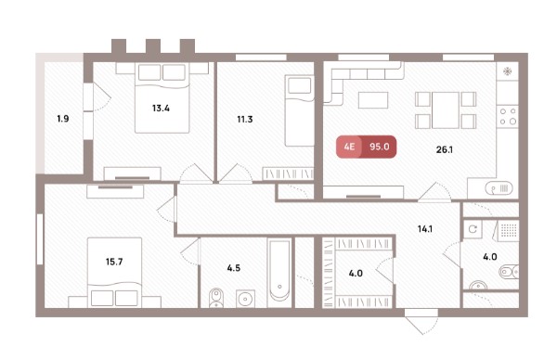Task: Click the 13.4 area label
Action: pyautogui.click(x=161, y=108)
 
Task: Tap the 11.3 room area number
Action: pyautogui.click(x=245, y=120)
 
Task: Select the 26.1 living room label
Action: pyautogui.click(x=445, y=149)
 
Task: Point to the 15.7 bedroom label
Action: pyautogui.click(x=114, y=262)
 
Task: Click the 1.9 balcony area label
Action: pyautogui.click(x=63, y=119)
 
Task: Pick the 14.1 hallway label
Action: pyautogui.click(x=425, y=229)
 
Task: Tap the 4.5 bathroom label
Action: pyautogui.click(x=234, y=268)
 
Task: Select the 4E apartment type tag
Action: pyautogui.click(x=349, y=147)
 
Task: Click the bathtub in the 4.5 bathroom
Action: pyautogui.click(x=279, y=271)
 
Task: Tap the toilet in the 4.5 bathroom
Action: pyautogui.click(x=215, y=298)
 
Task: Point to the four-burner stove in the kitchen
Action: pyautogui.click(x=508, y=117)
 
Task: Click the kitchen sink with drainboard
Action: pyautogui.click(x=499, y=188)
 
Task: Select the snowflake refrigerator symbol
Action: pyautogui.click(x=508, y=71)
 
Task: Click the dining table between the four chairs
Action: pyautogui.click(x=446, y=110)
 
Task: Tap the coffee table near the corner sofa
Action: pyautogui.click(x=373, y=100)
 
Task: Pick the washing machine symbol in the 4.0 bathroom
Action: pyautogui.click(x=473, y=229)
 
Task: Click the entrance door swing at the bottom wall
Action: pyautogui.click(x=421, y=322)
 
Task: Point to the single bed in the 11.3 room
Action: pyautogui.click(x=300, y=110)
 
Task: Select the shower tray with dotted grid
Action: pyautogui.click(x=509, y=231)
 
